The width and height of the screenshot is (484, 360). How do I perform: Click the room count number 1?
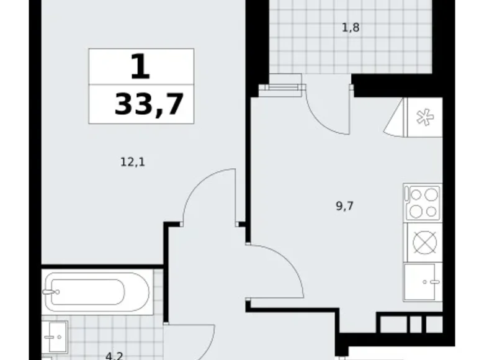pos(141,66)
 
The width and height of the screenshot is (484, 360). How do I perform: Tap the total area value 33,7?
pos(149,104)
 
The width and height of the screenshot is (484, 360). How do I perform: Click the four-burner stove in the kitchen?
pos(423,203)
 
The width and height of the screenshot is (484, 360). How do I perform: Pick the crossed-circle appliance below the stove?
pos(423,243)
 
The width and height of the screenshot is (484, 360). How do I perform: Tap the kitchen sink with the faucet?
pos(423,282)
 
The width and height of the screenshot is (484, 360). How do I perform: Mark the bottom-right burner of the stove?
pos(431,211)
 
